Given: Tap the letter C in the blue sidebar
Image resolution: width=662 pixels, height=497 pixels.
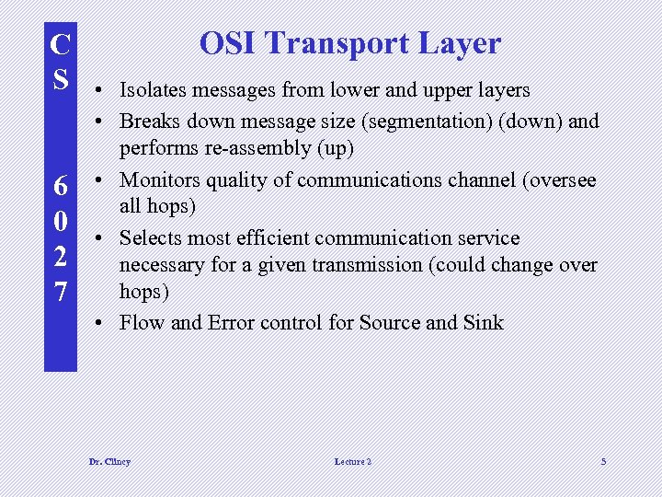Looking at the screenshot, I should point(59,44).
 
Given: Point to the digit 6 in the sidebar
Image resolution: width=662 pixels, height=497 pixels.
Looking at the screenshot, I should point(59,186).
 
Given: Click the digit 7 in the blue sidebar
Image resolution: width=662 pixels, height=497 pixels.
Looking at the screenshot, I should point(59,292).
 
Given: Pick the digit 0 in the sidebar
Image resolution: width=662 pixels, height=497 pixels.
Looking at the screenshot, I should point(59,221).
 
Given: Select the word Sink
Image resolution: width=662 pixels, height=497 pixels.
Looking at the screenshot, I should point(484,322).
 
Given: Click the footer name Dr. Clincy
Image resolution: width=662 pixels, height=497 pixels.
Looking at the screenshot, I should point(109,461).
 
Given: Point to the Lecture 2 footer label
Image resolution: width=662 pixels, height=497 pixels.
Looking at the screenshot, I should point(353,461).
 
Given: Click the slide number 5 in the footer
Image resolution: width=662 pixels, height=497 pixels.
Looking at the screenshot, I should point(603,461).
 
